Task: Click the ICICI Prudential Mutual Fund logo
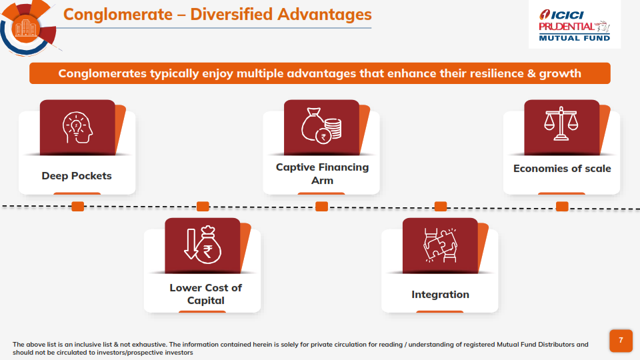pos(574,25)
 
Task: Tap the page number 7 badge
pos(621,341)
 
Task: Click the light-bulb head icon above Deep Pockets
pos(77,127)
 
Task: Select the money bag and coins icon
pos(321,125)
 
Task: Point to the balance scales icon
pos(561,123)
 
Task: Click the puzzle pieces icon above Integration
pos(440,245)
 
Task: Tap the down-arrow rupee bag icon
pos(203,245)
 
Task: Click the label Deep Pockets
pos(77,176)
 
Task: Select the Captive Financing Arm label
pos(323,173)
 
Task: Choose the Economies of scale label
pos(562,169)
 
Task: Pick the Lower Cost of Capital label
pos(206,294)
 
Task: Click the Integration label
pos(441,295)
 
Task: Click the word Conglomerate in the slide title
pos(118,15)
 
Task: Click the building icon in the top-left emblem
pos(25,28)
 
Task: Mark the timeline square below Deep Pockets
pos(77,207)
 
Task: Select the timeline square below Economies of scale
pos(562,207)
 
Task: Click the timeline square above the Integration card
pos(441,207)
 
